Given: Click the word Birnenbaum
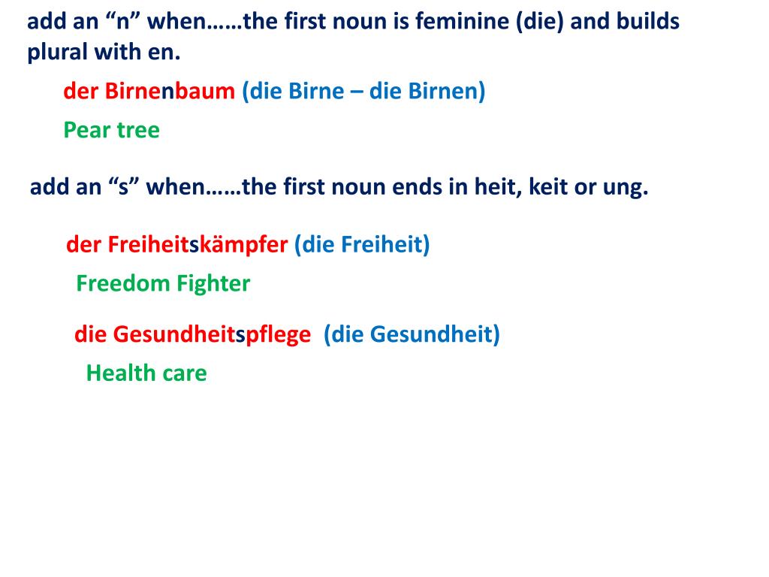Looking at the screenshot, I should [170, 92].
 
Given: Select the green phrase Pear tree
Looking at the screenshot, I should [111, 131].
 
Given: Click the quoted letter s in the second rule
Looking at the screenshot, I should [122, 187].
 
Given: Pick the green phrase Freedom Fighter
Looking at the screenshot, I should [163, 284].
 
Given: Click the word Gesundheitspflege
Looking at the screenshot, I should [212, 334].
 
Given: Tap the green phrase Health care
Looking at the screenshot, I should [146, 373].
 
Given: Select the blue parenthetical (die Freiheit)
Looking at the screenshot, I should [362, 245].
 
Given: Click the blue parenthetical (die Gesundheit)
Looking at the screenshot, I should [412, 334].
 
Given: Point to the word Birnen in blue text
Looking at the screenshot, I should [443, 92].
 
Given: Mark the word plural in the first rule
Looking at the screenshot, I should [54, 54].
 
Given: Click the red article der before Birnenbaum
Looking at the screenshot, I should [80, 92].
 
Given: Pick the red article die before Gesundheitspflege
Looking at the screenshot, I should [90, 334].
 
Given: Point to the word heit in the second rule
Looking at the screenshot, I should [496, 187].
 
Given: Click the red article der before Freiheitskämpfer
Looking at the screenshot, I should [83, 245].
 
